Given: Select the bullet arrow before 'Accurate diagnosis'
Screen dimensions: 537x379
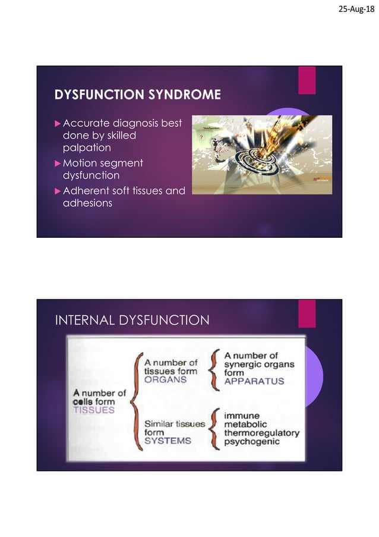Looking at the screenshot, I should point(58,124).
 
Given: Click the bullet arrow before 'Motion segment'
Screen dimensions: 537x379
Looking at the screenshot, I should point(58,164).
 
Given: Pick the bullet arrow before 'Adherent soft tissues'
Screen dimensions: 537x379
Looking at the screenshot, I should point(58,191).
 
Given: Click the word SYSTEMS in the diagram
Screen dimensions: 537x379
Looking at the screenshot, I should point(168,441).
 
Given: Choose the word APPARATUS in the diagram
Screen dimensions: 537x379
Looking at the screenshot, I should point(254,381).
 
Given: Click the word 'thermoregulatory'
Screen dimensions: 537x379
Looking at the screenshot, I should point(261,433).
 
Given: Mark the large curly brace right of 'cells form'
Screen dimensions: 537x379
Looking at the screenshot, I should point(135,401).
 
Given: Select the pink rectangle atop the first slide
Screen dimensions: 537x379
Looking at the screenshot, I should point(307,80).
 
